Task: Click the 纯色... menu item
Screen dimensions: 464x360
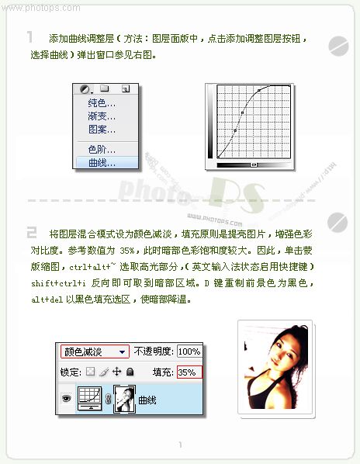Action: coord(102,103)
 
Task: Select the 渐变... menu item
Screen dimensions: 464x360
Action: coord(102,116)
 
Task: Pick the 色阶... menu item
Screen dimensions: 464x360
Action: coord(102,149)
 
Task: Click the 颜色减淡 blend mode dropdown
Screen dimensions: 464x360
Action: coord(94,351)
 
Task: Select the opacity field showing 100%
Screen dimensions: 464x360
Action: coord(189,351)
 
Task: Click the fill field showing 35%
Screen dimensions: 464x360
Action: coord(188,372)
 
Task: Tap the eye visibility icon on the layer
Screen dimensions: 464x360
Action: coord(65,399)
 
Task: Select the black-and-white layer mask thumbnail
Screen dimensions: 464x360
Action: coord(125,399)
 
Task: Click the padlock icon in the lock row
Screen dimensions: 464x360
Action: coord(130,372)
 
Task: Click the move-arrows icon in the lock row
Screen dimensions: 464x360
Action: coord(117,372)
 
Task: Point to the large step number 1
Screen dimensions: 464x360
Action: coord(30,36)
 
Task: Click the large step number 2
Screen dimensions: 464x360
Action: coord(31,231)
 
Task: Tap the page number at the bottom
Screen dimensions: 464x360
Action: coord(180,445)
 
